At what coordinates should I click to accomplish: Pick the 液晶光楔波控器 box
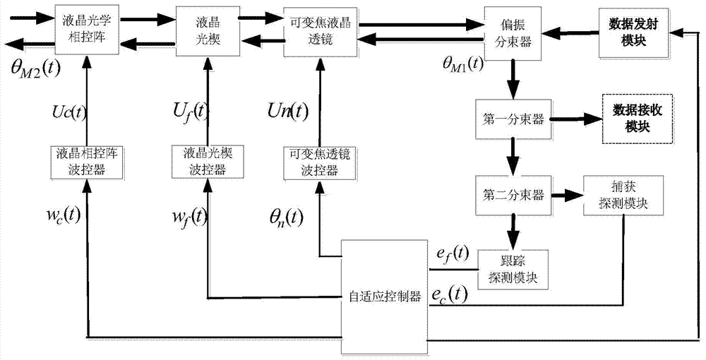[206, 160]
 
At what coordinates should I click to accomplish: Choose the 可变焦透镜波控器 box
[316, 160]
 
